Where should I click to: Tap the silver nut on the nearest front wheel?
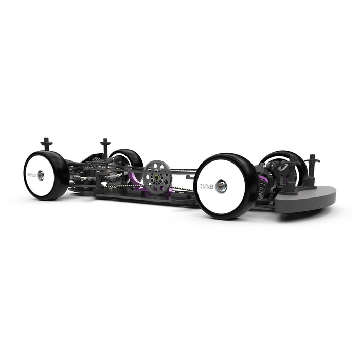tap(222, 187)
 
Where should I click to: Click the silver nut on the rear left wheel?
tap(41, 175)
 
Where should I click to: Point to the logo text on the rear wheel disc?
tap(31, 174)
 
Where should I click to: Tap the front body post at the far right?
tap(312, 165)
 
